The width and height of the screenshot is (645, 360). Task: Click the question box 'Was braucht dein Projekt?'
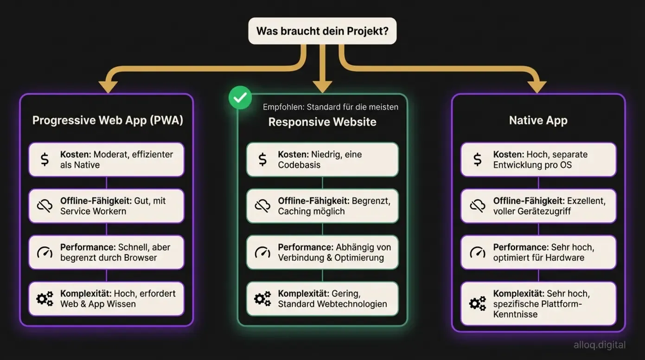tap(322, 31)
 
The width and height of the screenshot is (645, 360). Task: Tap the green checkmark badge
tap(240, 97)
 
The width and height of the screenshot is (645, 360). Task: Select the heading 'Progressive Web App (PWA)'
tap(108, 121)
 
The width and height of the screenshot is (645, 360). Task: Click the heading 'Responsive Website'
tap(322, 122)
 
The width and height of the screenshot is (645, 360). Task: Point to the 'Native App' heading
tap(538, 121)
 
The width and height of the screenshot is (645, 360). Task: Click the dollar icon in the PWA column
tap(45, 160)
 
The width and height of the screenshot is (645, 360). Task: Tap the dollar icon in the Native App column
tap(477, 160)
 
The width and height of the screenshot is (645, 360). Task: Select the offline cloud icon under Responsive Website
tap(262, 206)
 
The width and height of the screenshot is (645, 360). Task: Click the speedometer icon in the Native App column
tap(477, 252)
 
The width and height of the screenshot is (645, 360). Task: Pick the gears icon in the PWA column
tap(45, 299)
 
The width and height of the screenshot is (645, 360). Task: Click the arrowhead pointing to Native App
tap(537, 87)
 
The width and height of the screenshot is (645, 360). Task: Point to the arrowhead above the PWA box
tap(108, 87)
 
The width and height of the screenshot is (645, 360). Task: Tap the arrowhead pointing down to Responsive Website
tap(322, 87)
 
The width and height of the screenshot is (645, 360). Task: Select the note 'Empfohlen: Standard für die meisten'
tap(330, 107)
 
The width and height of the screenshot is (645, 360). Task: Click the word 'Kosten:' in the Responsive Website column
tap(294, 154)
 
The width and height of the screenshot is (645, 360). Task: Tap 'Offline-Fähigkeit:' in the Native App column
tap(529, 201)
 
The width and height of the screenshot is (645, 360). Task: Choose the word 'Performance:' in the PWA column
tap(88, 247)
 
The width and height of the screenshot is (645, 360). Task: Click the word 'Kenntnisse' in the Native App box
tap(515, 314)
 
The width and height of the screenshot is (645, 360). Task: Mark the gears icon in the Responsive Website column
tap(262, 299)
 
